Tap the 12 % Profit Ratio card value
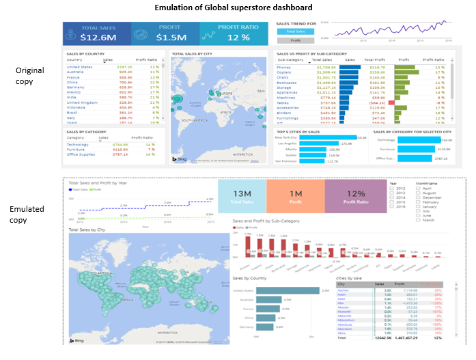click(x=236, y=37)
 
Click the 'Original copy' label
click(x=29, y=76)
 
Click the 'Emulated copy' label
click(x=27, y=214)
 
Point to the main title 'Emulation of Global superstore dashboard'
click(x=234, y=7)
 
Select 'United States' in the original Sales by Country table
click(x=79, y=66)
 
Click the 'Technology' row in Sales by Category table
click(x=77, y=145)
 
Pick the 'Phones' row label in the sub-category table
click(x=283, y=68)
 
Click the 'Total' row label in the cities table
click(x=341, y=337)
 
